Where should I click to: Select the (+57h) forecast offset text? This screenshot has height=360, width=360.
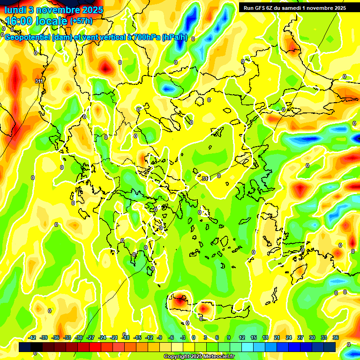pos(81,22)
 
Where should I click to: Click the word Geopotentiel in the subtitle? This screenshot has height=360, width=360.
pos(29,37)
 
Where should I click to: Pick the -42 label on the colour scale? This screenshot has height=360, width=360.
pos(32,337)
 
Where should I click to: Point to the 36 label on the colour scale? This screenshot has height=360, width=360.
pos(336,337)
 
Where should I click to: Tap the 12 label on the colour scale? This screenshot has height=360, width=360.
pos(242,337)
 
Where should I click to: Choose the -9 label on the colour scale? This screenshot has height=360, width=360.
pos(160,337)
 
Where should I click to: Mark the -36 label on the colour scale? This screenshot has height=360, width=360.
pos(56,337)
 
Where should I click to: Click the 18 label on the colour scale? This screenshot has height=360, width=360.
pos(265,337)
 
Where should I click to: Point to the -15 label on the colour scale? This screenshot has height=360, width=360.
pos(137,337)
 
